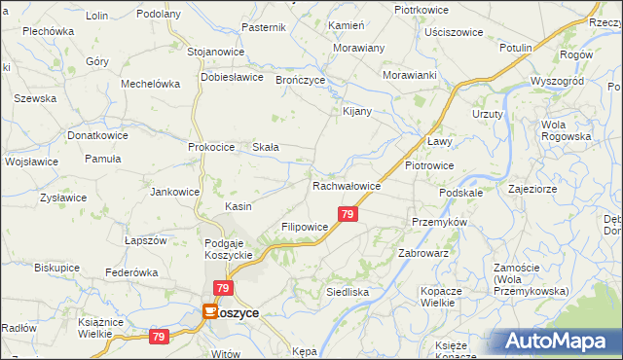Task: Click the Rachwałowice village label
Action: pos(346,186)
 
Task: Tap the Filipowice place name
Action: pos(304,226)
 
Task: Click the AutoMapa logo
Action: pos(557,342)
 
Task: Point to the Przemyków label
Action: pos(440,222)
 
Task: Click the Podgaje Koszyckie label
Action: pos(229,248)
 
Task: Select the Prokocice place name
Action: pos(212,147)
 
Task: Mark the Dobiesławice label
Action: pos(233,76)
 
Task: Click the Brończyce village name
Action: pos(300,80)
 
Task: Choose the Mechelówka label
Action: pos(150,84)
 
